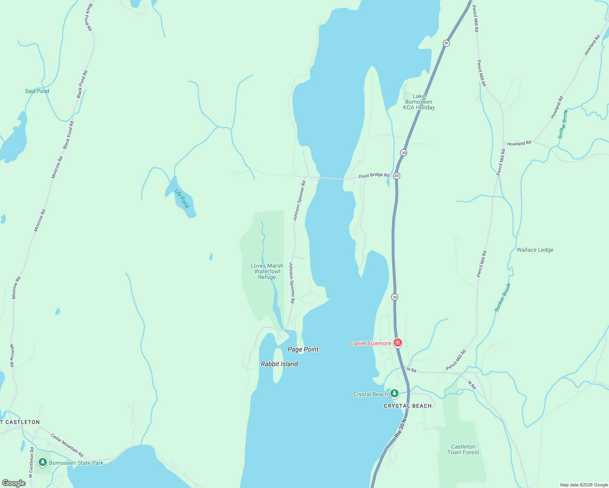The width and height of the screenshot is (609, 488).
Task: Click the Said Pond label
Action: (x=37, y=91)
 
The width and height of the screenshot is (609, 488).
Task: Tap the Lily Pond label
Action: (x=182, y=198)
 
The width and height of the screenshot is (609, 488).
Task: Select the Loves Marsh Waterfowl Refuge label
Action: (x=267, y=271)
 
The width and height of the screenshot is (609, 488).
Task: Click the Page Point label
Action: (x=303, y=349)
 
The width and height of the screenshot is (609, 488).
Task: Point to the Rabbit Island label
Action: (x=279, y=364)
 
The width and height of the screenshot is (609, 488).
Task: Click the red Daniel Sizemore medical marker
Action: (x=398, y=343)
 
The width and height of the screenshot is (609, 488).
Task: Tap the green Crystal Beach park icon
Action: (x=394, y=393)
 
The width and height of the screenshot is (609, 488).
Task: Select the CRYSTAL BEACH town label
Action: (x=407, y=406)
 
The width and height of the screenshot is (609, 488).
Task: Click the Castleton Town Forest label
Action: (x=463, y=449)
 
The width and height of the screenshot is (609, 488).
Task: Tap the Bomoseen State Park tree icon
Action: (x=42, y=462)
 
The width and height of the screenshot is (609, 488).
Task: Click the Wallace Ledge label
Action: (x=535, y=250)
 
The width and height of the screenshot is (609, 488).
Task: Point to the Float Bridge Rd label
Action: (x=374, y=175)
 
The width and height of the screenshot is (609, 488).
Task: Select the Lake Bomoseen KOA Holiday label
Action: (x=419, y=102)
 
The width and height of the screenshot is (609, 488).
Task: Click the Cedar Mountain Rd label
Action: (x=67, y=445)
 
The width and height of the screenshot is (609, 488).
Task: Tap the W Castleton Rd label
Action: (x=31, y=462)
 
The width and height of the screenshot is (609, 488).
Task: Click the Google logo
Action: (x=13, y=483)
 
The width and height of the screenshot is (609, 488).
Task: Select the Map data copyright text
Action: (x=584, y=485)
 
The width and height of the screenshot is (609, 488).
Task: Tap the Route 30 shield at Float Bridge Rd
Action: (x=397, y=176)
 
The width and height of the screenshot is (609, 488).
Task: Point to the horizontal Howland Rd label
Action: (x=519, y=144)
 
